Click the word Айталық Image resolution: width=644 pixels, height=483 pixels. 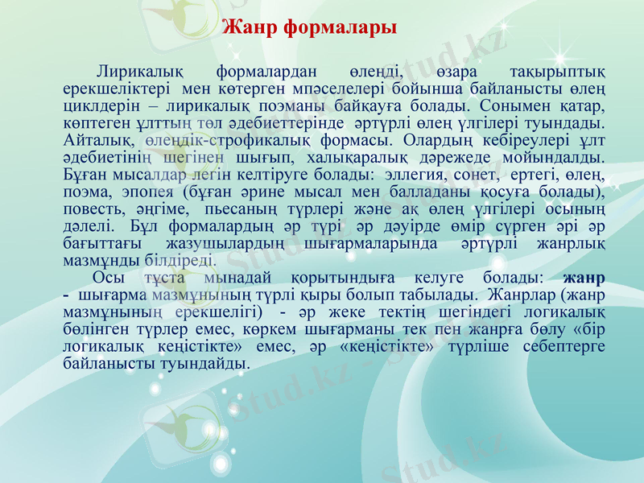coord(92,138)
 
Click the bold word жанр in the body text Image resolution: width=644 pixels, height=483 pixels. coord(586,278)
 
